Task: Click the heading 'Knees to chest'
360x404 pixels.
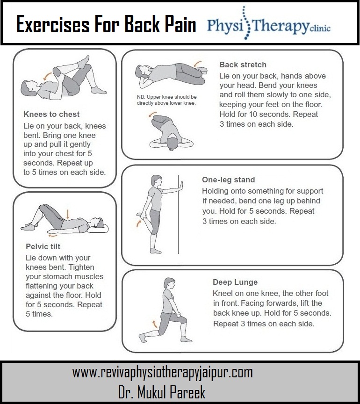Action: [x=51, y=114]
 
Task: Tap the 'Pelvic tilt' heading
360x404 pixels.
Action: [x=43, y=246]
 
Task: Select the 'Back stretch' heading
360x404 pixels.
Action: [x=243, y=65]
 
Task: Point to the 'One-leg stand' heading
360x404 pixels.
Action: [x=228, y=180]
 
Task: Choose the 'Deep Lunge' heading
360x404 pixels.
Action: [x=235, y=282]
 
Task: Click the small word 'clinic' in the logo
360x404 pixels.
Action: [x=320, y=28]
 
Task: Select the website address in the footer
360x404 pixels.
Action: [x=162, y=373]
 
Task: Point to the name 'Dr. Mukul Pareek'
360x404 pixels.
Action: [x=162, y=392]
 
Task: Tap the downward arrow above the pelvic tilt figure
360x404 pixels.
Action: [x=68, y=214]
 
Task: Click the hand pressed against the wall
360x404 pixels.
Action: [x=181, y=186]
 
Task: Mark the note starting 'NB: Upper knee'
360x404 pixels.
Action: [x=166, y=100]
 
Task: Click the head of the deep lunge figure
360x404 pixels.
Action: [x=169, y=283]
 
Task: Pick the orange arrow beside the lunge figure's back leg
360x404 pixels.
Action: [x=155, y=324]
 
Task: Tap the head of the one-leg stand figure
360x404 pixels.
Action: [x=157, y=181]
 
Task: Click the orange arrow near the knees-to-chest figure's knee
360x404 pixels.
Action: [x=47, y=76]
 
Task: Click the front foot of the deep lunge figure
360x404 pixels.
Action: [x=186, y=339]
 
